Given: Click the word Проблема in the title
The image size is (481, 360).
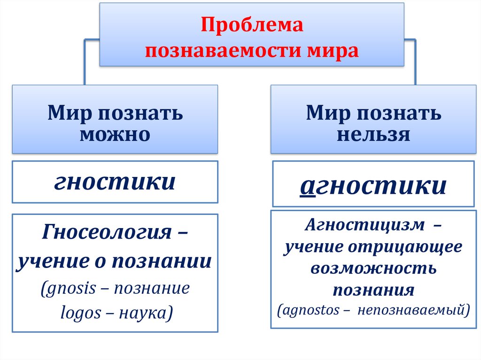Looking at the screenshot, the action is point(252,25).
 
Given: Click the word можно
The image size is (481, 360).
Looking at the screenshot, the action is point(115,135).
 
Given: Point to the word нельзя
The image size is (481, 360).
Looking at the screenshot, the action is point(373,135).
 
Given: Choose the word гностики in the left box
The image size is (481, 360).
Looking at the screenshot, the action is point(115,182).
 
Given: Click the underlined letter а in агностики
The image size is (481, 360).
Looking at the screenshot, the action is point(307,186).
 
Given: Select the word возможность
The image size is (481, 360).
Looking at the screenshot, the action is point(373,268).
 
